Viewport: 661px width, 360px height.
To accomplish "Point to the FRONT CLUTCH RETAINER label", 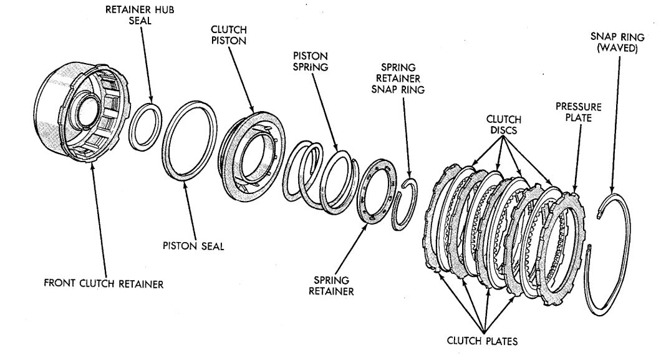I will point(104,284).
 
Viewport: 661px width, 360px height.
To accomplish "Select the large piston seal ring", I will point(190,144).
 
